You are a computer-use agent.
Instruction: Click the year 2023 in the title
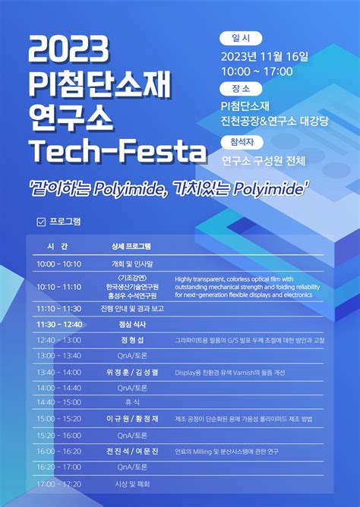68,50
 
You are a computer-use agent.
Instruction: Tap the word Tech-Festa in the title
118,150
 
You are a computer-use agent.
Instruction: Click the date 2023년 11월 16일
264,56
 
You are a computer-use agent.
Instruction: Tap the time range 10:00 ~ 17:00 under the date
257,71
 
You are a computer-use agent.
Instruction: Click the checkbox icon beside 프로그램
41,222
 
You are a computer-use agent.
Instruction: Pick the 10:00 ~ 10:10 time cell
58,263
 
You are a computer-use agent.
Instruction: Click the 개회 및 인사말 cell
132,263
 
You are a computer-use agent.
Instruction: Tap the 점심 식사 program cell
132,324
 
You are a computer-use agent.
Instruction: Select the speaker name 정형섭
132,340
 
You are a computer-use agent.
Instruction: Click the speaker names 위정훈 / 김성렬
132,372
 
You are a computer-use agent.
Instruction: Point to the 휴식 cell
132,402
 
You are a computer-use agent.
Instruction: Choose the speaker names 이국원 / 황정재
132,419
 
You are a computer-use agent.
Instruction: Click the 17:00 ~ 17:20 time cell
58,483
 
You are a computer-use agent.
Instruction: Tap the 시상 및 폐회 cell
132,483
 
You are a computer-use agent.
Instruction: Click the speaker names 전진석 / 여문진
132,451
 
